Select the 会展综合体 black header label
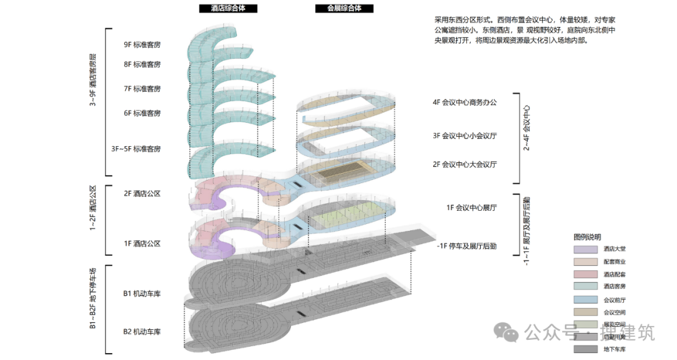[x=344, y=9]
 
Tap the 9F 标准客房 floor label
[x=142, y=45]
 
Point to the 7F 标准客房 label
[x=142, y=88]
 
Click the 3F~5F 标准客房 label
[x=136, y=149]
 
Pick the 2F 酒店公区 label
[x=142, y=194]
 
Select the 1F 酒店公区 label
[x=142, y=243]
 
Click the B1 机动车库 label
[x=142, y=293]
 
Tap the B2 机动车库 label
[x=142, y=331]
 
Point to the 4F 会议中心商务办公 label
[x=464, y=102]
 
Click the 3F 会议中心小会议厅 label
[x=464, y=135]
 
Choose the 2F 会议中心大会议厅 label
[x=464, y=164]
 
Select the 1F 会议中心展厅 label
[x=471, y=207]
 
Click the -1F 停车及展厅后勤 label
[x=467, y=246]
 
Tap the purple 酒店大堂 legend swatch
[x=585, y=250]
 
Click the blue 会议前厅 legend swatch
[x=585, y=299]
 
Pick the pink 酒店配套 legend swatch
[x=585, y=274]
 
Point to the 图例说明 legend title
[x=587, y=237]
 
